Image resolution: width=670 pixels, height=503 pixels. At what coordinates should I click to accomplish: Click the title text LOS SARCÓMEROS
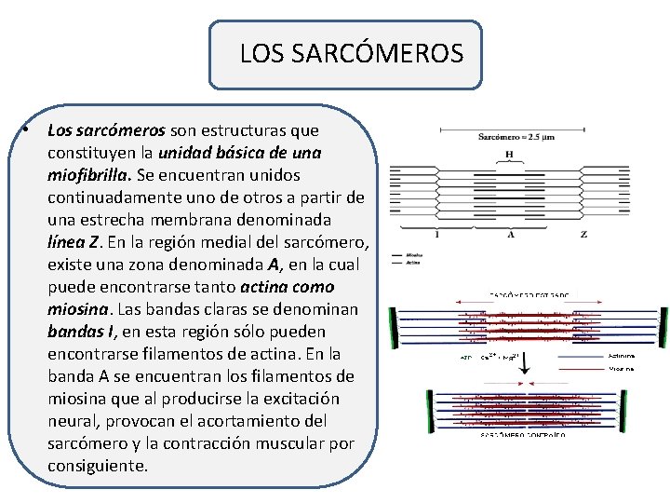(351, 54)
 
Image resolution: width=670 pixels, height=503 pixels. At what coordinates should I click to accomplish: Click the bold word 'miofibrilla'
(89, 175)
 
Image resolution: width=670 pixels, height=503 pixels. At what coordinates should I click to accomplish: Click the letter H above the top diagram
(509, 154)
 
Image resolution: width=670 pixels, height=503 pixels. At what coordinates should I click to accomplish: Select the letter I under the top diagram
(436, 235)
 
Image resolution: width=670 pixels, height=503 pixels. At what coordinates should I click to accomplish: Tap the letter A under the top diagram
(511, 235)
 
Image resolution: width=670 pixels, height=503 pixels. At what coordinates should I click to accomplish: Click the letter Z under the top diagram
(583, 235)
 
